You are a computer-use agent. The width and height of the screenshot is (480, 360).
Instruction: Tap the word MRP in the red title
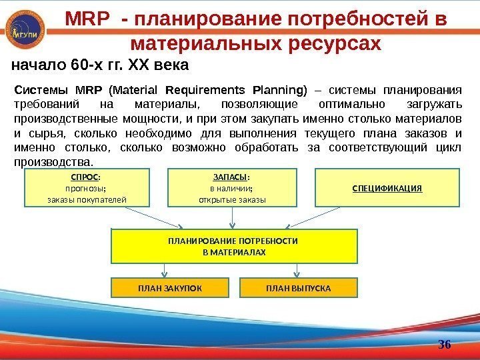[x=86, y=21]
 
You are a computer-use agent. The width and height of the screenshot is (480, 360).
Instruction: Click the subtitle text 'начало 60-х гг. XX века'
[x=101, y=66]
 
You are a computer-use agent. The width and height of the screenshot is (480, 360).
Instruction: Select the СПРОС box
[x=87, y=187]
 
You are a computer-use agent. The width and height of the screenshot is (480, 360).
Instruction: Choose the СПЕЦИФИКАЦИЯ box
[x=387, y=187]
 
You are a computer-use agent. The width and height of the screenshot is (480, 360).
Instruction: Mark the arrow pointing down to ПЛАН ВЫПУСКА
[x=297, y=270]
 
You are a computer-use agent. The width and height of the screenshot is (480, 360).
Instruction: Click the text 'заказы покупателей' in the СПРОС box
[x=87, y=199]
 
